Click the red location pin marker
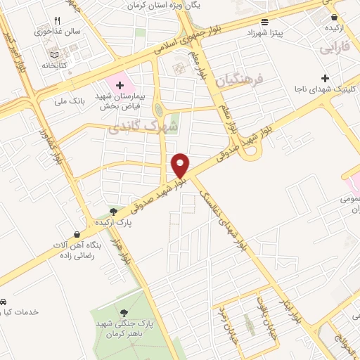pyautogui.click(x=181, y=165)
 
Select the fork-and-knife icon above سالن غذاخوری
pyautogui.click(x=58, y=20)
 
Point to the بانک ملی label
pyautogui.click(x=70, y=101)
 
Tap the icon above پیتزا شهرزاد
pyautogui.click(x=263, y=21)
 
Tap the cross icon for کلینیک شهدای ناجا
pyautogui.click(x=324, y=77)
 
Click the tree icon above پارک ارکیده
pyautogui.click(x=113, y=210)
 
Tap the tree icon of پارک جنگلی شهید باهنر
pyautogui.click(x=124, y=313)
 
